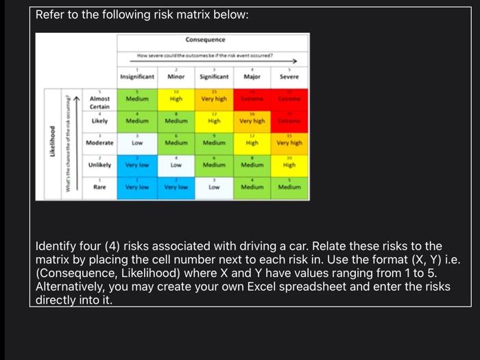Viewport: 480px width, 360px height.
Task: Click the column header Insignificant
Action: pyautogui.click(x=136, y=77)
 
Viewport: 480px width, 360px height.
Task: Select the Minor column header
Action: pyautogui.click(x=176, y=77)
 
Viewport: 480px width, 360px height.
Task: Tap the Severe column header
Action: pyautogui.click(x=289, y=77)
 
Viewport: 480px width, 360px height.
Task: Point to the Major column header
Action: pyautogui.click(x=252, y=77)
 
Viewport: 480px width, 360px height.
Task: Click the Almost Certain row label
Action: pyautogui.click(x=100, y=103)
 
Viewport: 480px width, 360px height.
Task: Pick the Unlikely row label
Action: pyautogui.click(x=100, y=165)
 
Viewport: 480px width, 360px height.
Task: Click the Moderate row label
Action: pyautogui.click(x=100, y=143)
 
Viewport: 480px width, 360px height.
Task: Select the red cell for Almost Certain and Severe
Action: pyautogui.click(x=289, y=99)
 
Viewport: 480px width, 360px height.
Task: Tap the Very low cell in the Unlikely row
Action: pyautogui.click(x=136, y=165)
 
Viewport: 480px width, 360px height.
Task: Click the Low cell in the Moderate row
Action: pyautogui.click(x=136, y=143)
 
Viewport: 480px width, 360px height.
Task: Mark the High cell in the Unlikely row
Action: pyautogui.click(x=289, y=165)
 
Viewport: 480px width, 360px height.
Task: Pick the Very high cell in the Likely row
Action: pyautogui.click(x=252, y=121)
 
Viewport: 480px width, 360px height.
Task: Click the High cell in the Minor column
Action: pyautogui.click(x=176, y=99)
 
